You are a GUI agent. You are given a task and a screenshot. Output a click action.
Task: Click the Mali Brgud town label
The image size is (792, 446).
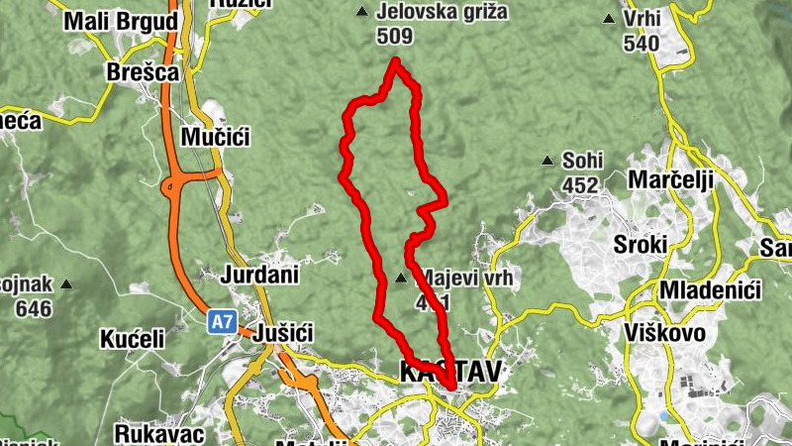click(121, 21)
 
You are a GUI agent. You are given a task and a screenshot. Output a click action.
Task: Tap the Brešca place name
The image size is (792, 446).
click(143, 72)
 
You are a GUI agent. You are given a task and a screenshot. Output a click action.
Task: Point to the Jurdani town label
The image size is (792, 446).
click(260, 275)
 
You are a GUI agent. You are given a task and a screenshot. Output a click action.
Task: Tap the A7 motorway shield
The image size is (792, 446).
click(222, 321)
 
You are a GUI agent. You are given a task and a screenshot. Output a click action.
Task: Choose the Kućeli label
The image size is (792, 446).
click(132, 339)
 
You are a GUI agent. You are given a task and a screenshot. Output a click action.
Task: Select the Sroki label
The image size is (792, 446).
click(641, 245)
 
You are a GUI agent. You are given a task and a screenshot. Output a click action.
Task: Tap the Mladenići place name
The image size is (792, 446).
click(709, 290)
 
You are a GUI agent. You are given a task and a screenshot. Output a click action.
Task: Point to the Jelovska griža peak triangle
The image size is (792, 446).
click(361, 13)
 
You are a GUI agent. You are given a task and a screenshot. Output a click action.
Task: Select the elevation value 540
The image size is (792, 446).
click(641, 43)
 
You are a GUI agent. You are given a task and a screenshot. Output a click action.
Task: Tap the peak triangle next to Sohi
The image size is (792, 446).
click(546, 161)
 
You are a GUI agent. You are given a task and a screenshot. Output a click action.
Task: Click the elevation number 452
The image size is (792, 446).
click(579, 184)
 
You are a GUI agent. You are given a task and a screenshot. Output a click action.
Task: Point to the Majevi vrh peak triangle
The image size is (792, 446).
click(401, 279)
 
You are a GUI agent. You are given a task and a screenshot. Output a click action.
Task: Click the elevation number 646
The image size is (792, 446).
click(34, 308)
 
